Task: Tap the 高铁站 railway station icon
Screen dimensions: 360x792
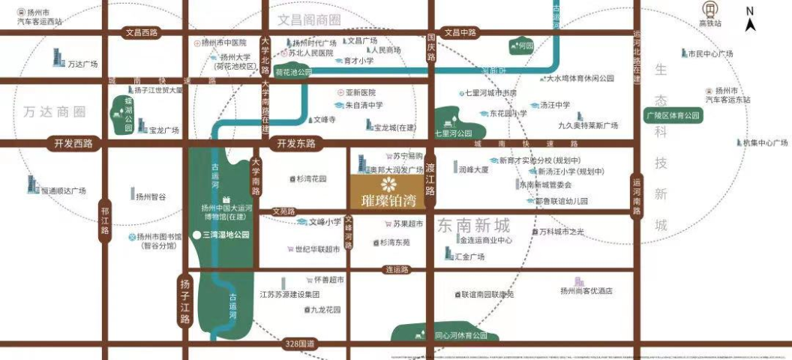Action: (x=709, y=10)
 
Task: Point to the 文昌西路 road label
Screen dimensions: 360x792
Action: (x=142, y=32)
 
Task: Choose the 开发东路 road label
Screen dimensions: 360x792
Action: (x=297, y=142)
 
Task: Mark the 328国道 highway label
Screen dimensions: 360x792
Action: (x=301, y=343)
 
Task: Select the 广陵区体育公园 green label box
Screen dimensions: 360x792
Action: (x=673, y=115)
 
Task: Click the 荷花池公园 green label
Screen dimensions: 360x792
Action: (x=292, y=73)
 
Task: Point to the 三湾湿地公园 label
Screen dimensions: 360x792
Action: (x=225, y=235)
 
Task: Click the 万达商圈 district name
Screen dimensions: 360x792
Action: (x=55, y=112)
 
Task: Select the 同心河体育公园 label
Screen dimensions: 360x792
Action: (x=460, y=335)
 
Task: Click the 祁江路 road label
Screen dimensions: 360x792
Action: (x=105, y=220)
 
